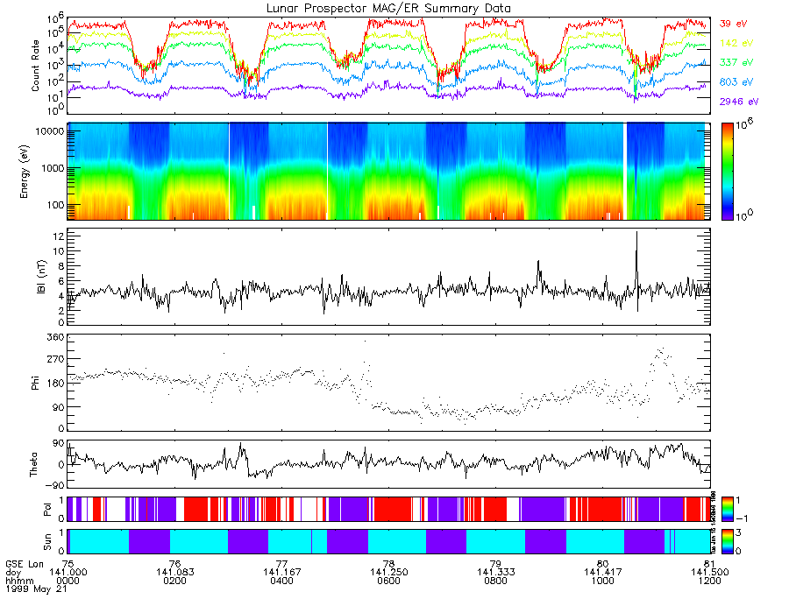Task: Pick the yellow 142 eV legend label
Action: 736,43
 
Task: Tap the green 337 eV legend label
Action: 736,63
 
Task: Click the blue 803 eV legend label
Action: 736,82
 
